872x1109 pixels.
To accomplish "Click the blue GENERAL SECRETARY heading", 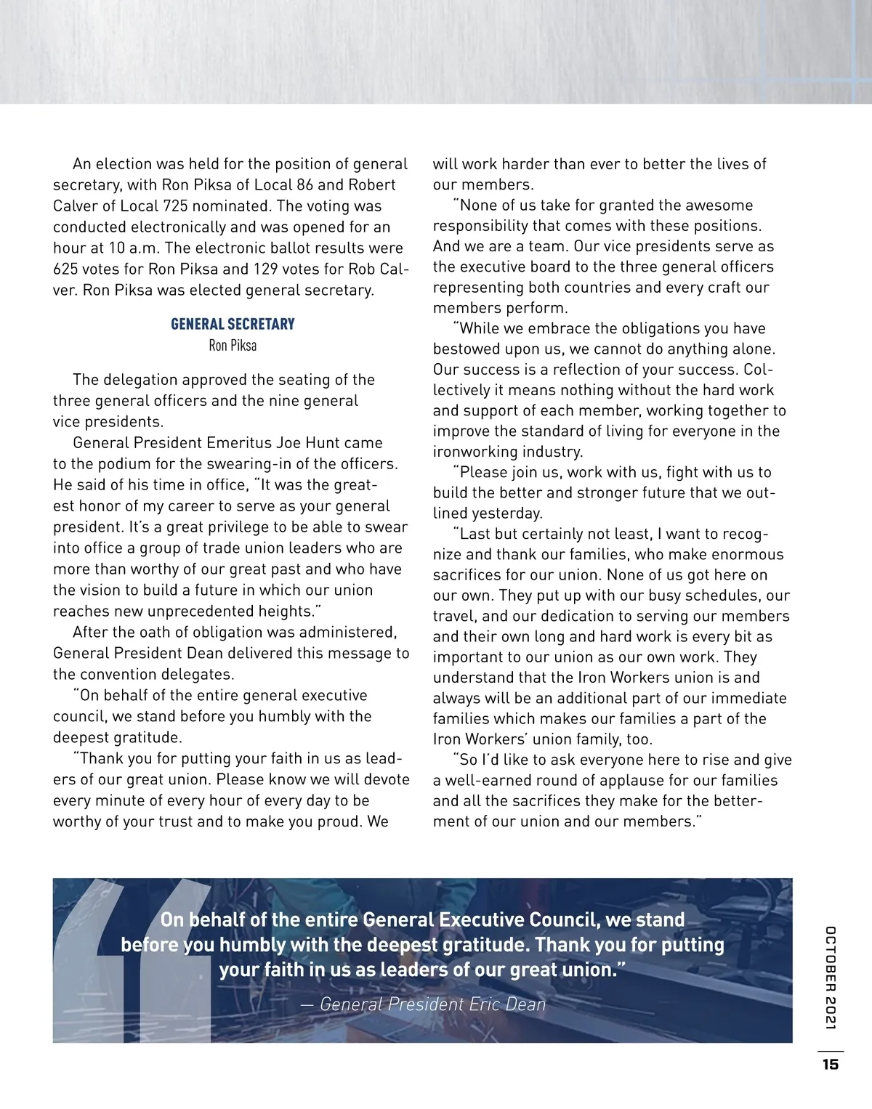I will pyautogui.click(x=233, y=324).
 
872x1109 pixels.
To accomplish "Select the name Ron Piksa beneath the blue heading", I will pyautogui.click(x=233, y=346).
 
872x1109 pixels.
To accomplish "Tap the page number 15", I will pyautogui.click(x=830, y=1065).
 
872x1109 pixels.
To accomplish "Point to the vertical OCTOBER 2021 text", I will pyautogui.click(x=831, y=978).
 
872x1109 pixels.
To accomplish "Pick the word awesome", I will pyautogui.click(x=719, y=206).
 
